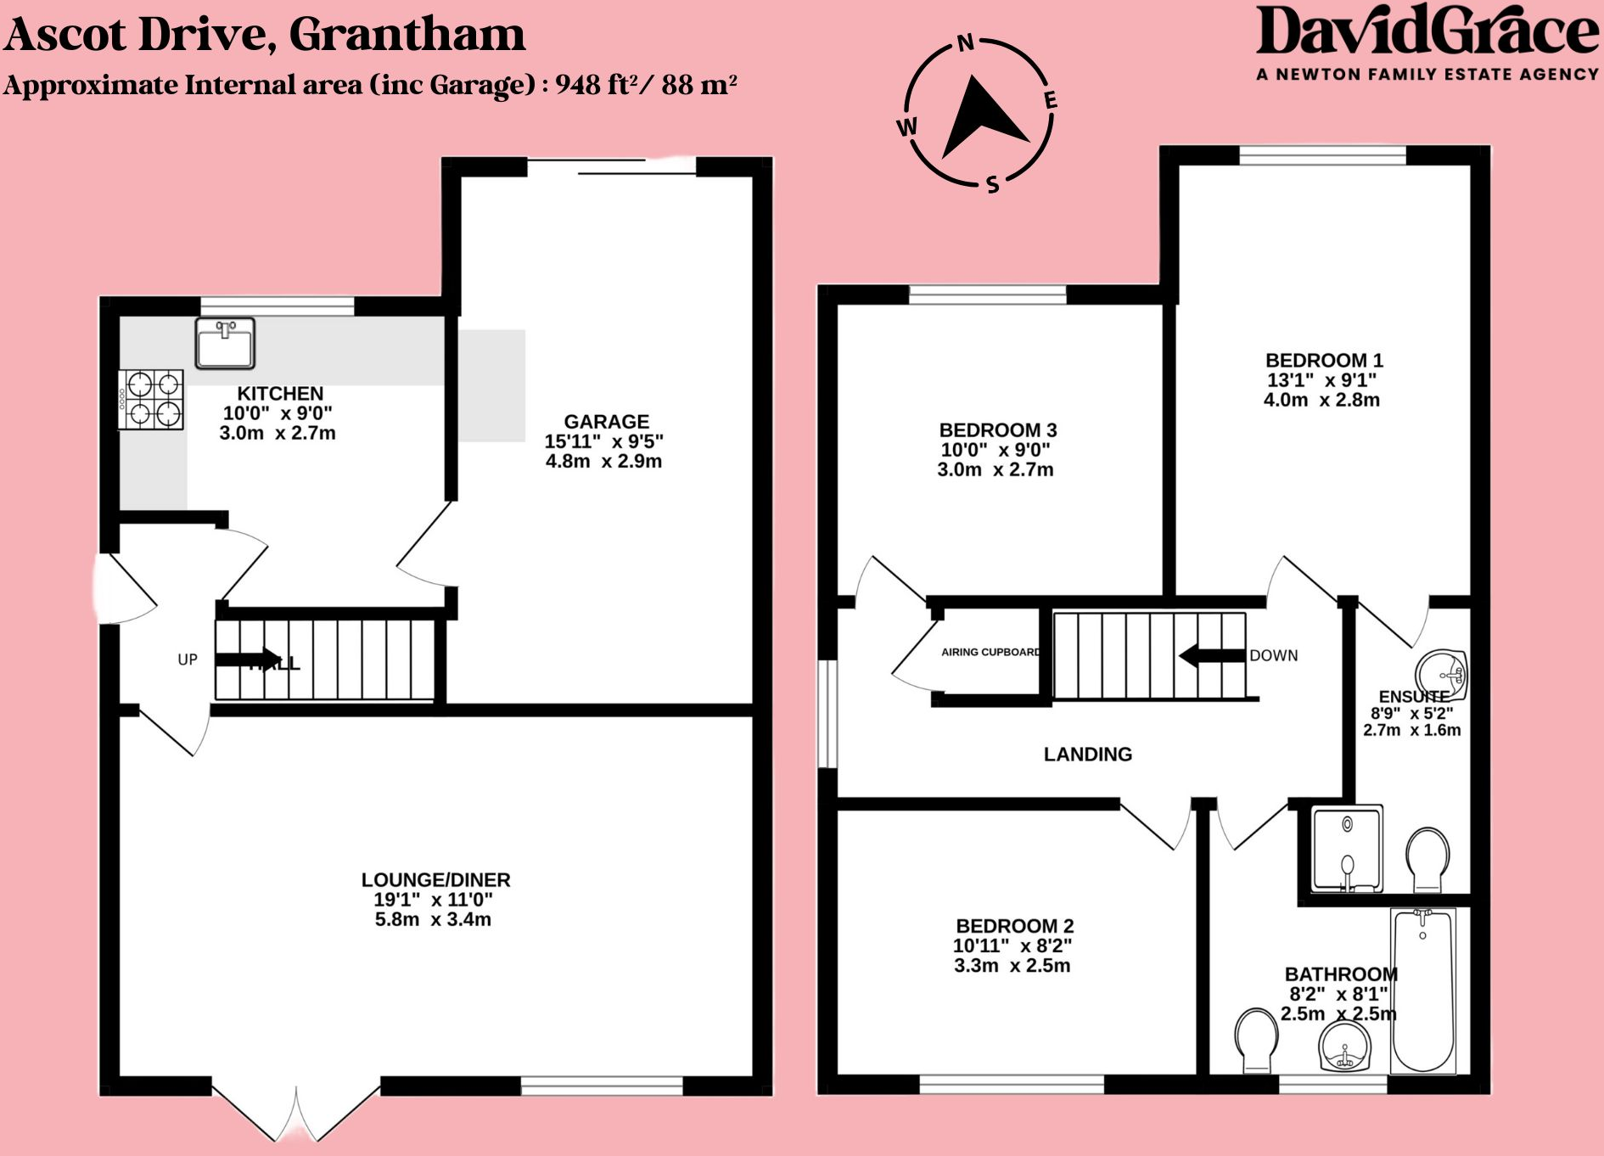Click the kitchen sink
pyautogui.click(x=225, y=343)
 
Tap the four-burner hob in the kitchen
pyautogui.click(x=151, y=400)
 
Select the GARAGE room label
pyautogui.click(x=606, y=422)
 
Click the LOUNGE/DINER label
pyautogui.click(x=435, y=880)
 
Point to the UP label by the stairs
pyautogui.click(x=188, y=659)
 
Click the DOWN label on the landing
pyautogui.click(x=1273, y=655)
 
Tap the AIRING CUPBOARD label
pyautogui.click(x=990, y=652)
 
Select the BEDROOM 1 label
pyautogui.click(x=1324, y=361)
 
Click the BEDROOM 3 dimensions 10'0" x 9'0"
pyautogui.click(x=995, y=450)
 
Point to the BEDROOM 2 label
pyautogui.click(x=1014, y=926)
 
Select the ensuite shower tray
pyautogui.click(x=1347, y=849)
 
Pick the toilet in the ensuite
pyautogui.click(x=1427, y=857)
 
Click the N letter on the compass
pyautogui.click(x=965, y=43)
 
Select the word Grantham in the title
pyautogui.click(x=407, y=34)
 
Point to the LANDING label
pyautogui.click(x=1087, y=755)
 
